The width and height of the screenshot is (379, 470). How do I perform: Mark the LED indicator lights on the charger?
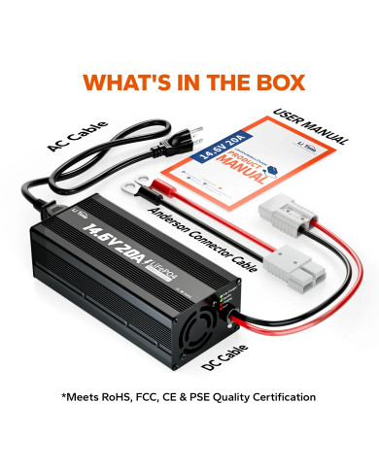[230, 291]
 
